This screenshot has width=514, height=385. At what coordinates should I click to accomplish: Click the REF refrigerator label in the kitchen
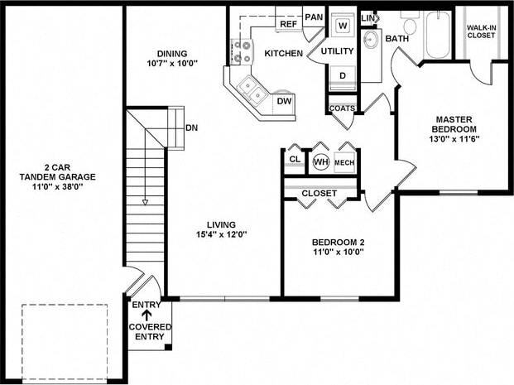(288, 25)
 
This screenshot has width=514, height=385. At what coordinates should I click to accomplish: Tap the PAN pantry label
(314, 17)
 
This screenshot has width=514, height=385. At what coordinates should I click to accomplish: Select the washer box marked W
(343, 26)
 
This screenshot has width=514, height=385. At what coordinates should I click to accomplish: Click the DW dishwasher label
(284, 101)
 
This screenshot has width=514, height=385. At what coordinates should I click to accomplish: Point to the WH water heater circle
(319, 162)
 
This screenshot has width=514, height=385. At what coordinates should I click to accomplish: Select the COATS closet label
(342, 108)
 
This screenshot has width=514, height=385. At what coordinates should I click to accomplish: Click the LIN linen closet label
(368, 17)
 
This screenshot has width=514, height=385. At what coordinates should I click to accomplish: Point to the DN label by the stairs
(191, 128)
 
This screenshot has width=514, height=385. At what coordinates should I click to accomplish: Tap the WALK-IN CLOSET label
(481, 31)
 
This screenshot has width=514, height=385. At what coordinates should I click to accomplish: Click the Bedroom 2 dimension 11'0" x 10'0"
(338, 253)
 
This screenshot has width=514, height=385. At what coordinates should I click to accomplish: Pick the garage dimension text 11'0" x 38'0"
(59, 188)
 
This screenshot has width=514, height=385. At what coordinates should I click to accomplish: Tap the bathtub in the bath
(436, 35)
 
